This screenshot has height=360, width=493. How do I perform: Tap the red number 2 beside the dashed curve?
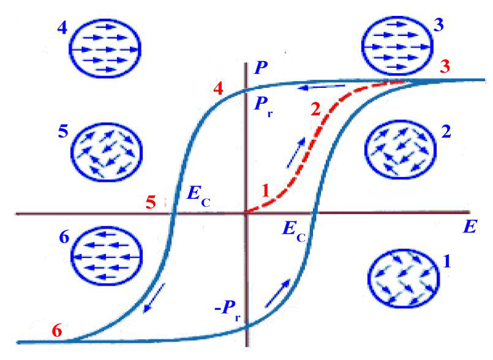315,110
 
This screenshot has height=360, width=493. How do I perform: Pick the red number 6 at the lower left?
57,331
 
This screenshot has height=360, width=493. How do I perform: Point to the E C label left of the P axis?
196,199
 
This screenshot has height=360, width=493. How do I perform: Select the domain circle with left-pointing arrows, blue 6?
106,255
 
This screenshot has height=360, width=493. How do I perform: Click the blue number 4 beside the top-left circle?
62,29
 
